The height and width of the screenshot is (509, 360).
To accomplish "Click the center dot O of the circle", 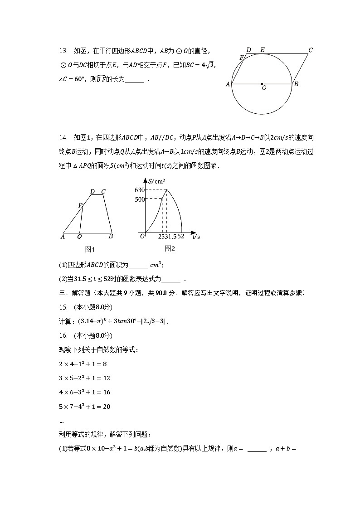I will (x=262, y=84).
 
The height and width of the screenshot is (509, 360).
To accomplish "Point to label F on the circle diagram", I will (x=242, y=58).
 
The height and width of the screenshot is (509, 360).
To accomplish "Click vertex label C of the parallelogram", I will (x=311, y=50).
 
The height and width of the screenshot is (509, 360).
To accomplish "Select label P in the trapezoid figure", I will (x=80, y=205).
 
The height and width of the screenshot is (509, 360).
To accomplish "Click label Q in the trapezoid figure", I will (x=79, y=236).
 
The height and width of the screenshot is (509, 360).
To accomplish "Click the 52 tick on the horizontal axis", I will (x=181, y=236).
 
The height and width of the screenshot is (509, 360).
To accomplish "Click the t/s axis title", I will (x=196, y=236).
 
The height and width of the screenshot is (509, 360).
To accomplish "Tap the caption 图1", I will (x=90, y=249).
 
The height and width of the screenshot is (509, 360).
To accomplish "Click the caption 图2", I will (x=170, y=248).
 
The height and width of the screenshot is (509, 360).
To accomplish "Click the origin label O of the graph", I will (x=142, y=236).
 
